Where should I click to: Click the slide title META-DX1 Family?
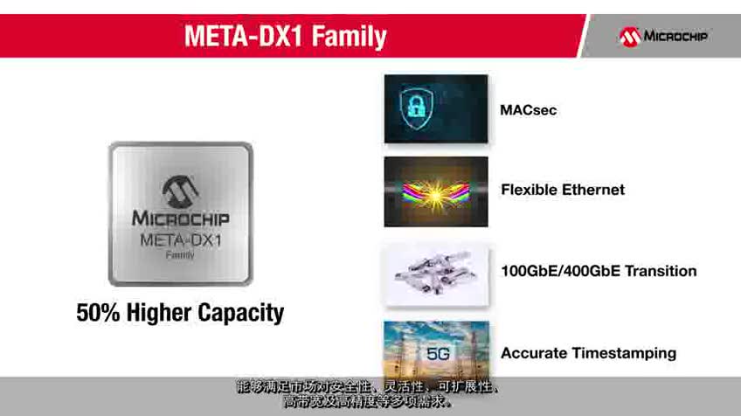pos(284,37)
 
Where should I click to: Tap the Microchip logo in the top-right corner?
pos(664,36)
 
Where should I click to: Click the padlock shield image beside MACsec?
pos(436,108)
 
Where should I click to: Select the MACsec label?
pos(528,110)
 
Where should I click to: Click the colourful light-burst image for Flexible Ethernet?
pos(436,191)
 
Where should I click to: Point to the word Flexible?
pos(528,190)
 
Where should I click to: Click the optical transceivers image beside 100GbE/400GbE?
pos(436,274)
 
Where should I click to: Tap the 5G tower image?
pos(436,351)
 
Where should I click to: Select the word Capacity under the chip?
pos(241,313)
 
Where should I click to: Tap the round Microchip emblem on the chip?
pos(179,190)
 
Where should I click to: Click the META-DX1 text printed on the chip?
pos(180,239)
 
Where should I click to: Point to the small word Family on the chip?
pos(180,255)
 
